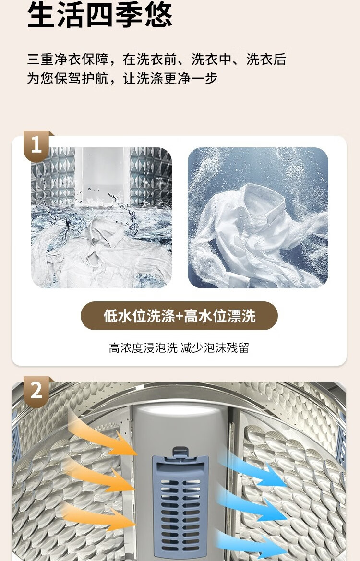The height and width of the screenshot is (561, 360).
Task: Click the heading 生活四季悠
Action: point(100,14)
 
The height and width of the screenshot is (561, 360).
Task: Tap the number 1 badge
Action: point(36,145)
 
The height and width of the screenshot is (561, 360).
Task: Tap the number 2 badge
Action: point(36,391)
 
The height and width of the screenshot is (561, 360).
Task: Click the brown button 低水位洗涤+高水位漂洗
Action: point(180,316)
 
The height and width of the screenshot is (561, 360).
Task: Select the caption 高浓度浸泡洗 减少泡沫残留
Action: point(179,347)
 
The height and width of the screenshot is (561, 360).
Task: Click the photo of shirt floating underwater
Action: point(258,217)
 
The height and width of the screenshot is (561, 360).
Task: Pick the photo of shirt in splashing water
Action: point(102,217)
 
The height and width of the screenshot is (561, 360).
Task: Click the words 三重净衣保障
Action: point(68,60)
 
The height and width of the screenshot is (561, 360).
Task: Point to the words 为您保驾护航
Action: point(68,78)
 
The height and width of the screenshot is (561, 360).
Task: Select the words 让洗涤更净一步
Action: point(170,78)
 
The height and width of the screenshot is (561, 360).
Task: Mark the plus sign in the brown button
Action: point(180,316)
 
